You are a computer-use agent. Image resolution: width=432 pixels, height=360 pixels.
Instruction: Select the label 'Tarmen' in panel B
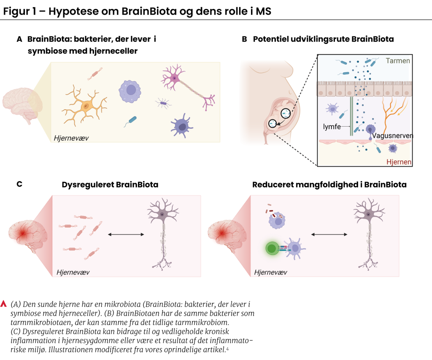coord(398,61)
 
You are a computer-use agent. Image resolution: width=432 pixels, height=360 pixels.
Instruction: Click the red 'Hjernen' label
coord(399,162)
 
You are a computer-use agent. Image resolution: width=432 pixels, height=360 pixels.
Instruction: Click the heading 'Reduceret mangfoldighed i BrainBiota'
coord(329,184)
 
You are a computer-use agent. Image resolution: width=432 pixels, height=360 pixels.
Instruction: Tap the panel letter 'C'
coord(19,184)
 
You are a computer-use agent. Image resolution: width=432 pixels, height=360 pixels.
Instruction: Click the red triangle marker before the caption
coord(5,303)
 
